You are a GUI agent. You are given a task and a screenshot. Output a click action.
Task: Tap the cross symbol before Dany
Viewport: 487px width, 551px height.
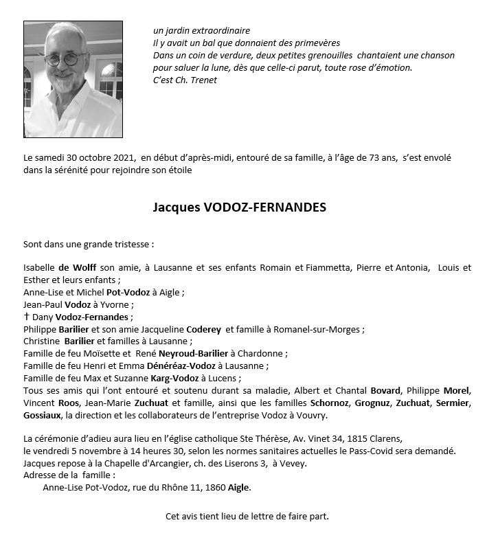[x=27, y=317]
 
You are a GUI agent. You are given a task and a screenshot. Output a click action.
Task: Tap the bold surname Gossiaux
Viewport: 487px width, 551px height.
[x=43, y=416]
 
